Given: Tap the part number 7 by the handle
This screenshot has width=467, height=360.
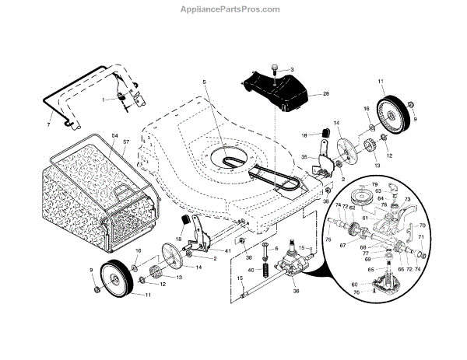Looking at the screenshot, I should pyautogui.click(x=48, y=124).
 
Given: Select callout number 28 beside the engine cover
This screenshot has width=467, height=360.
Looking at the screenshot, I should pyautogui.click(x=292, y=70).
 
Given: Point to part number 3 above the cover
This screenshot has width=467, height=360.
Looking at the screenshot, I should pyautogui.click(x=291, y=70).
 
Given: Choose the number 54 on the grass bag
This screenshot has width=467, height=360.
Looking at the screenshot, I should pyautogui.click(x=115, y=136).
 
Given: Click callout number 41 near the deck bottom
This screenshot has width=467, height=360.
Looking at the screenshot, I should pyautogui.click(x=227, y=251).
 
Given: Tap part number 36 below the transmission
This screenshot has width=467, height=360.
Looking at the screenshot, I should pyautogui.click(x=296, y=292).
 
